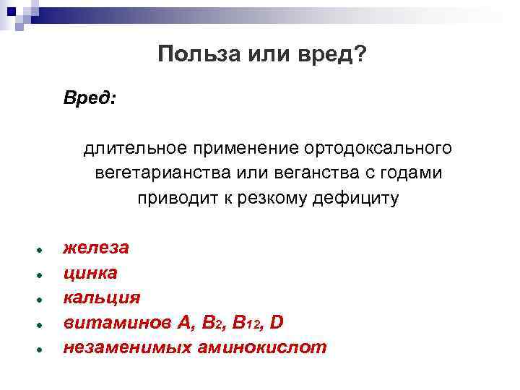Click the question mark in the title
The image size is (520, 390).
click(x=360, y=55)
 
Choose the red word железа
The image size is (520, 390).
click(x=96, y=248)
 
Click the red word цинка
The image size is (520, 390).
click(x=90, y=272)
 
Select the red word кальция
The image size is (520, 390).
click(x=102, y=298)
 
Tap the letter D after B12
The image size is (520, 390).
click(x=277, y=322)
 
